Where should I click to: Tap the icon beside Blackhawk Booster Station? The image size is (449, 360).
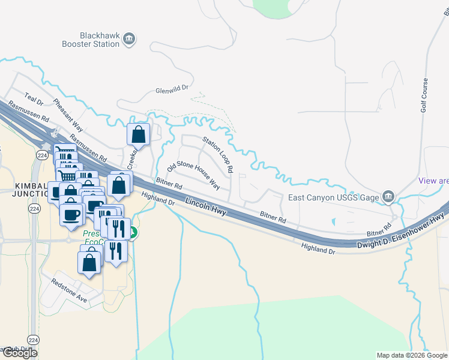129,40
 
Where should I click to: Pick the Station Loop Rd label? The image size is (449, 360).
217,154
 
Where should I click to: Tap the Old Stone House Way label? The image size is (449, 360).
193,175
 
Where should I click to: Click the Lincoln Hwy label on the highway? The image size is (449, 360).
205,205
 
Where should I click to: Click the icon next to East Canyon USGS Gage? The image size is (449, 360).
388,196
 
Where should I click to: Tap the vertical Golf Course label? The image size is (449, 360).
424,95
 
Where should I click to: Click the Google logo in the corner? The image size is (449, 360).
19,353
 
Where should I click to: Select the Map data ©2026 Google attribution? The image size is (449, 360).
411,355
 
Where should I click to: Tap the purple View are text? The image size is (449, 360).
433,181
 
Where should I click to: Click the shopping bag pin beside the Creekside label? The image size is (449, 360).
139,134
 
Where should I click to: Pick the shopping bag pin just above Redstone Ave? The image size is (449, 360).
89,262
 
